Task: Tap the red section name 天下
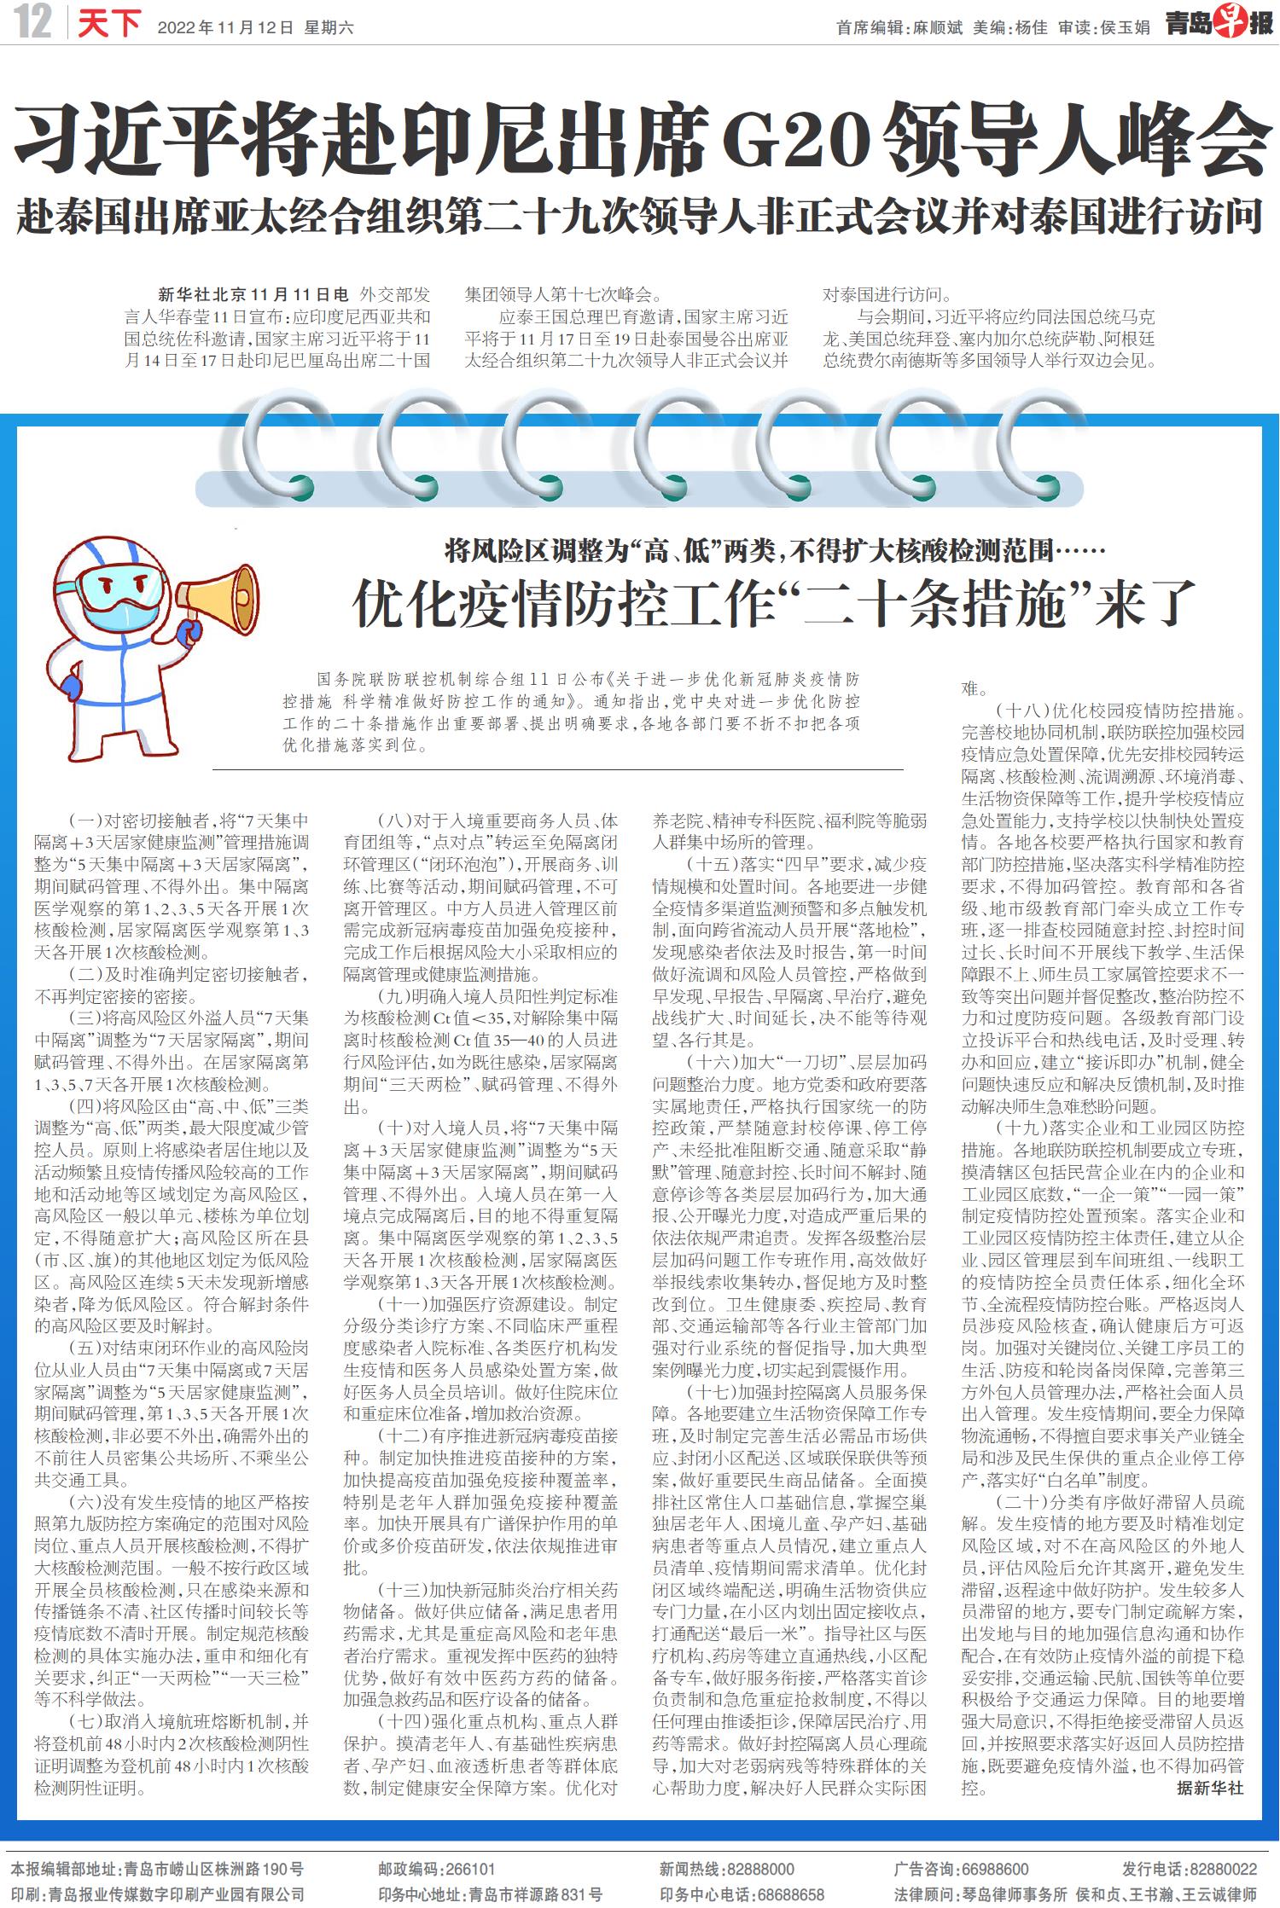[x=108, y=24]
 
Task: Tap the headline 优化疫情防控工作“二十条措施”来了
[x=773, y=603]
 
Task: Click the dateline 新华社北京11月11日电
[x=253, y=295]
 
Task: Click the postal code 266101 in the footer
[x=468, y=1869]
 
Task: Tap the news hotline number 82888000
[x=762, y=1869]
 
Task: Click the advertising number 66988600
[x=995, y=1869]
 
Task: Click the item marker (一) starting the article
[x=85, y=821]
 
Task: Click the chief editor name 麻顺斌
[x=937, y=28]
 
